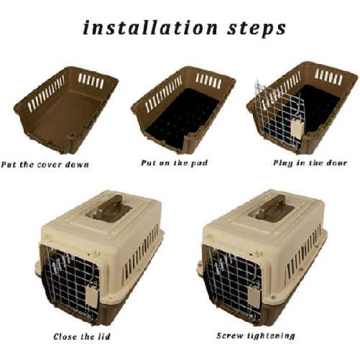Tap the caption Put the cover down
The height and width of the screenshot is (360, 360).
[x=45, y=165]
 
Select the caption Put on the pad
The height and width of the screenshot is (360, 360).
[x=174, y=163]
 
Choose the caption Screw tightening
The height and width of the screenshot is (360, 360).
[x=255, y=336]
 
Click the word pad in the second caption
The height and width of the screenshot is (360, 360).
[x=199, y=163]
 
